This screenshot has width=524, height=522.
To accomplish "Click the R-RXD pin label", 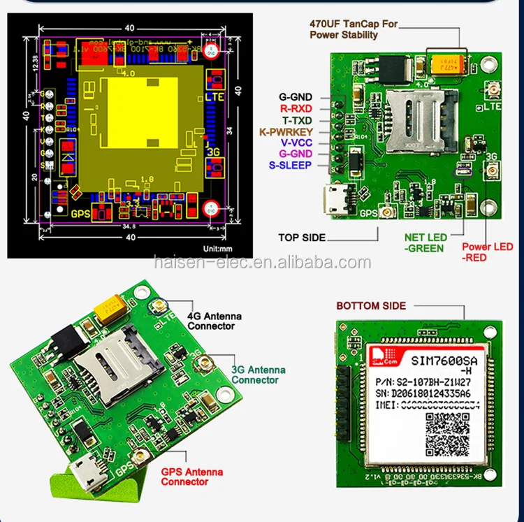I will tap(296, 108).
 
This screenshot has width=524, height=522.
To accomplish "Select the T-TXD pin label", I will tap(296, 119).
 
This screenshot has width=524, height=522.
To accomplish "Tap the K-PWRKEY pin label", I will tap(286, 131).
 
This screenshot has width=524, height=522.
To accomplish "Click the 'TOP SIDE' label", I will tap(302, 238).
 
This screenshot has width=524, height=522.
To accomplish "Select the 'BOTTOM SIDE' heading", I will tap(370, 305).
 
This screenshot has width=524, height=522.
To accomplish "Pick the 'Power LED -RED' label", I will tap(487, 252).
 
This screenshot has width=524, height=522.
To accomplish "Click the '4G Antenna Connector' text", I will tap(215, 321).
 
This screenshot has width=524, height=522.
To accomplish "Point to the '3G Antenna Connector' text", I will tap(258, 375).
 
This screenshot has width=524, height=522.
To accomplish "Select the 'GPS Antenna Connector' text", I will tap(192, 477).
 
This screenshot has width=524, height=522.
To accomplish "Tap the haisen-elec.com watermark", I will tap(262, 263).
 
